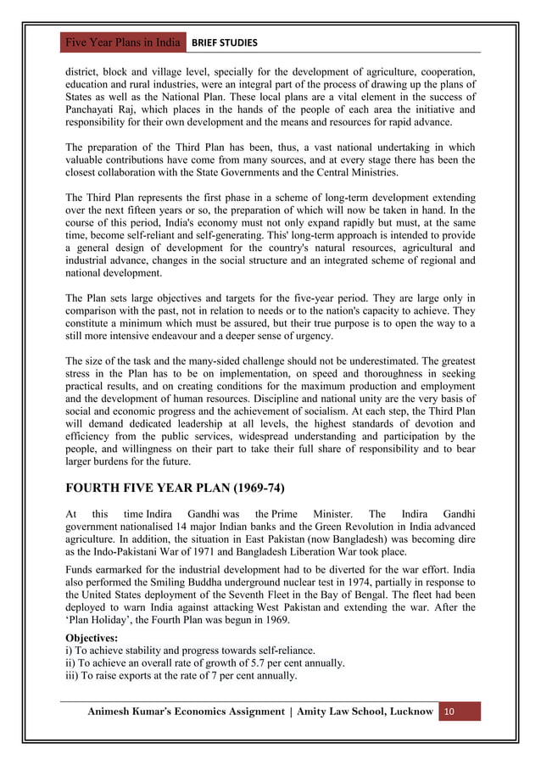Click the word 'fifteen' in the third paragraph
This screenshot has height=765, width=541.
(x=149, y=209)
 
